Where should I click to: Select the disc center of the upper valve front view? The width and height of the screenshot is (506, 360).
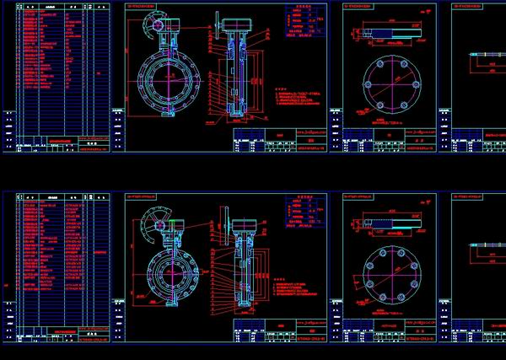166,81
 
